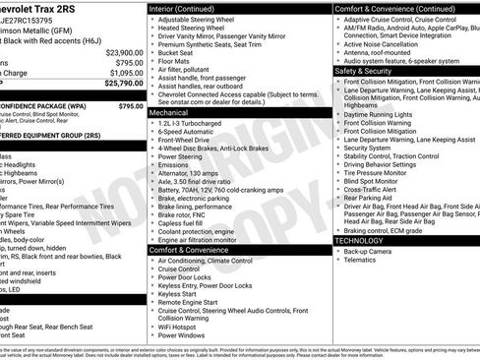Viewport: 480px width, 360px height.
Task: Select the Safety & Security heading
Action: pyautogui.click(x=363, y=71)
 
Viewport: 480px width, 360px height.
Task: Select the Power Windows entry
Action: pyautogui.click(x=186, y=335)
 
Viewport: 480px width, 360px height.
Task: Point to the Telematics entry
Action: pyautogui.click(x=362, y=261)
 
